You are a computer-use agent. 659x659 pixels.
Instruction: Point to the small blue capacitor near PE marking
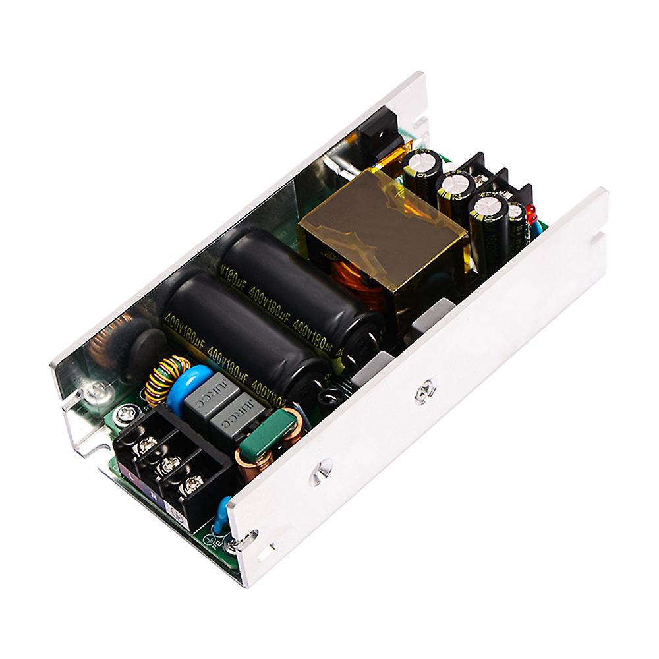coord(224,509)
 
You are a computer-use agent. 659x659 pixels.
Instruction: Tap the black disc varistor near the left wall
coord(142,345)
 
